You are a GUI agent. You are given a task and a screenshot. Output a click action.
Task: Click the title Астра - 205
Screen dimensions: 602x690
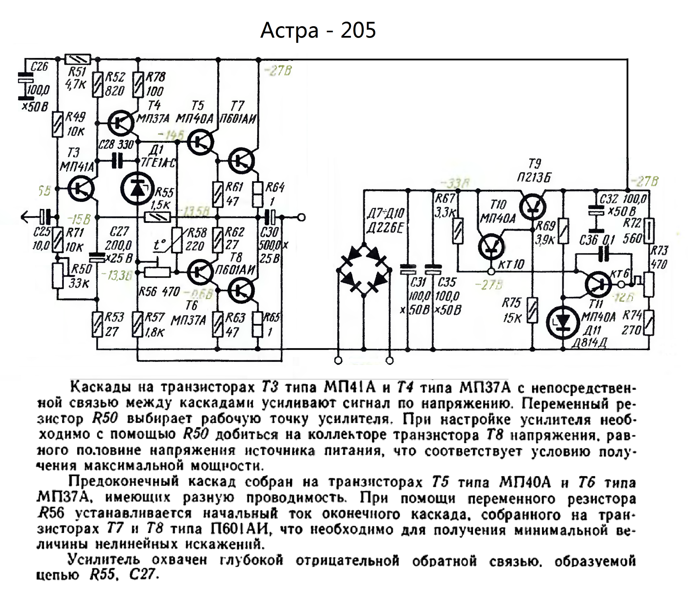[318, 30]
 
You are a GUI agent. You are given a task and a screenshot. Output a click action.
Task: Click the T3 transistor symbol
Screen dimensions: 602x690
[81, 188]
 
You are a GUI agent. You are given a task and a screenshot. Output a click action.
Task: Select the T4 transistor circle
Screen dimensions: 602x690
[121, 122]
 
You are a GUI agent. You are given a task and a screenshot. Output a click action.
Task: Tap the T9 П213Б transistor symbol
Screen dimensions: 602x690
[533, 207]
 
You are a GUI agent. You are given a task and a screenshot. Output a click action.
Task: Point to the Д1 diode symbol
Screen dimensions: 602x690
[137, 189]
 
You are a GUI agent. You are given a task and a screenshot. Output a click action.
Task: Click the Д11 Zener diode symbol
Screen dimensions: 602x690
[563, 323]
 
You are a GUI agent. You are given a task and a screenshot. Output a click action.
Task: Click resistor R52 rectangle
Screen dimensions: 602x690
[98, 85]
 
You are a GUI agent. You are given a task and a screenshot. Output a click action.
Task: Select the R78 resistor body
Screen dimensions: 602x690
[138, 85]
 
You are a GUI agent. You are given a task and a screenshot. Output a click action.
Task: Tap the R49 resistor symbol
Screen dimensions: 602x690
[58, 124]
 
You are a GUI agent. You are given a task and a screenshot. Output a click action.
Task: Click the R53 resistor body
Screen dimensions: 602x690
[97, 324]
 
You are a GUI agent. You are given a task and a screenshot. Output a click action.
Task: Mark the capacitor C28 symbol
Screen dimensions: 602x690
[118, 161]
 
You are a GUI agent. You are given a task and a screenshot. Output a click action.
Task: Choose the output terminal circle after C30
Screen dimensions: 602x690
[301, 217]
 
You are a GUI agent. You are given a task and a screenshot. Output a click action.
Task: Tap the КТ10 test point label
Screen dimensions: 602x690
[511, 265]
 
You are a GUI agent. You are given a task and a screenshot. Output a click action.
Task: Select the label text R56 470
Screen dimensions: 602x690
[159, 292]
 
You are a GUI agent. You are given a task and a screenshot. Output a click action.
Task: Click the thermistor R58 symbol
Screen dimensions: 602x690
[177, 240]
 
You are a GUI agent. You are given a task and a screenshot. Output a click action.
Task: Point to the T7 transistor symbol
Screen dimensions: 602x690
[241, 161]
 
